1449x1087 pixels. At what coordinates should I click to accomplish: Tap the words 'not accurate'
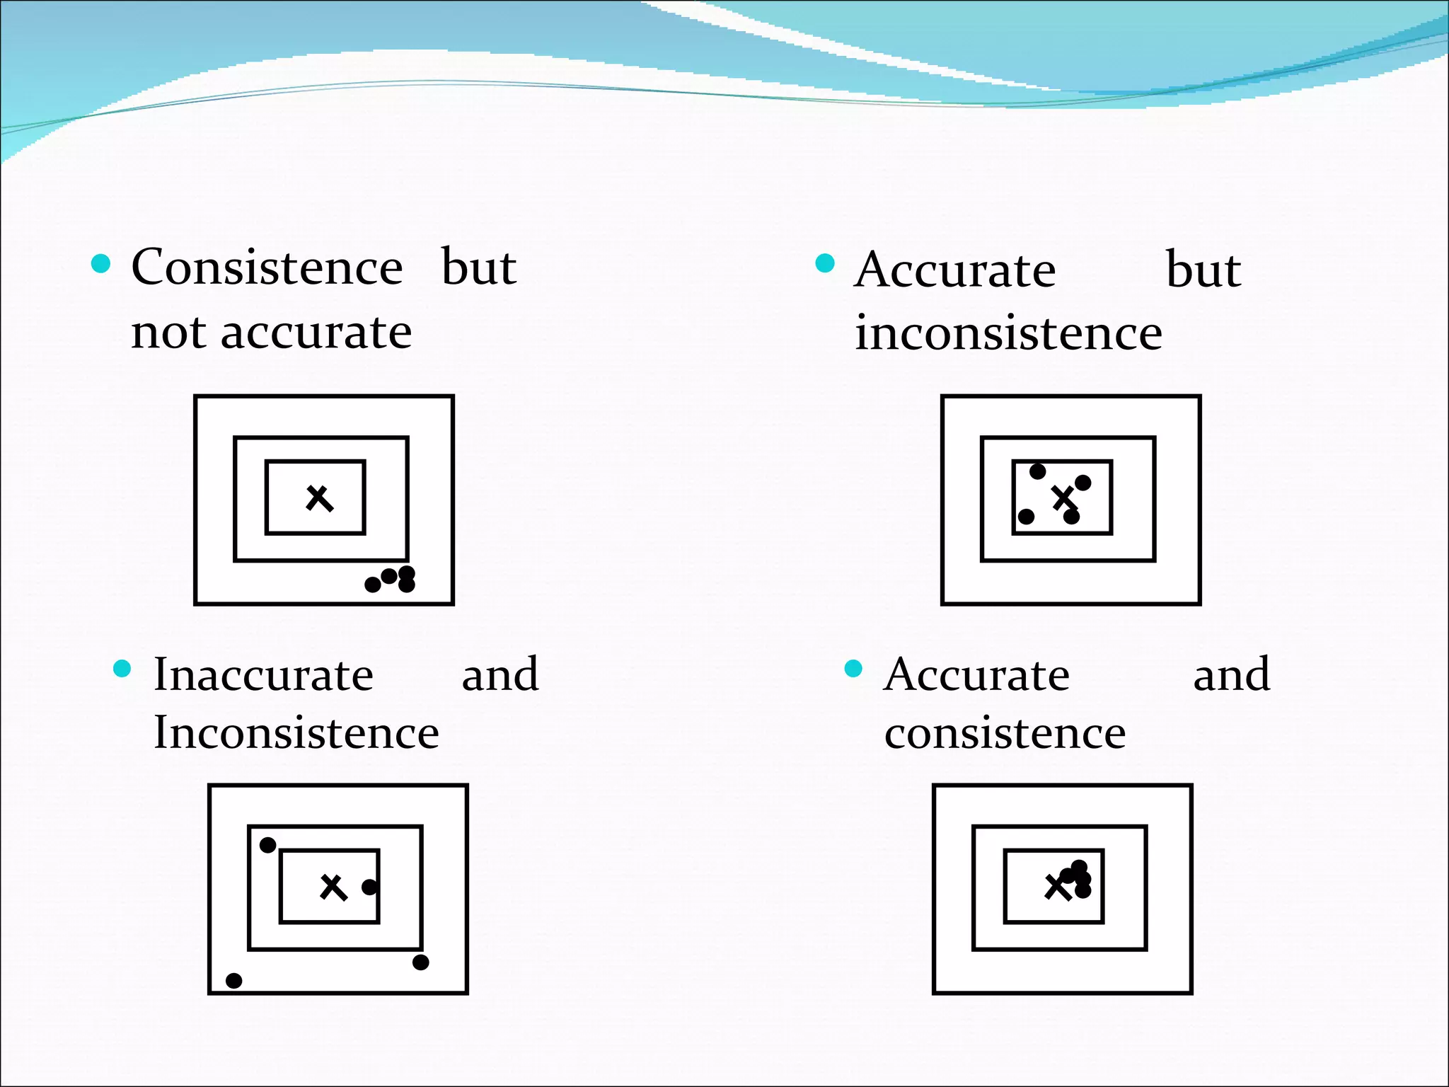pyautogui.click(x=271, y=332)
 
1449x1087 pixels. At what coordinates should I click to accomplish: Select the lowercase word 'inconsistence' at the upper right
pyautogui.click(x=1008, y=333)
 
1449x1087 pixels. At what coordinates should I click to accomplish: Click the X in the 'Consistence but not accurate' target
pyautogui.click(x=319, y=498)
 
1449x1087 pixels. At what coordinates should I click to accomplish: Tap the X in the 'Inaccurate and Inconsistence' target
pyautogui.click(x=333, y=887)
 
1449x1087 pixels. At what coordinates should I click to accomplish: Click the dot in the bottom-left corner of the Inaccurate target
pyautogui.click(x=233, y=980)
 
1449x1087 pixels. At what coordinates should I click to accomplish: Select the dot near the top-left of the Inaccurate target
pyautogui.click(x=267, y=845)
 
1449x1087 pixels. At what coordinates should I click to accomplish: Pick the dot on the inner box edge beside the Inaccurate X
pyautogui.click(x=369, y=887)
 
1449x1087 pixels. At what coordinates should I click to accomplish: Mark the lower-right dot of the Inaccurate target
pyautogui.click(x=420, y=962)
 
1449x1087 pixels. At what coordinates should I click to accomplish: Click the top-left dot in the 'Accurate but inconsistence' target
pyautogui.click(x=1037, y=471)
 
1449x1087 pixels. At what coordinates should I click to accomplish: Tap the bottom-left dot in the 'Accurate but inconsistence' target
pyautogui.click(x=1026, y=517)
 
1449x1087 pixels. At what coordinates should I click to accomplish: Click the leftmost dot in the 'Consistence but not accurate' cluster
pyautogui.click(x=372, y=585)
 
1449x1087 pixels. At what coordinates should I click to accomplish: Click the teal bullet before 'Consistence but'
pyautogui.click(x=101, y=264)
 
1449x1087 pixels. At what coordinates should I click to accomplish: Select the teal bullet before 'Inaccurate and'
pyautogui.click(x=122, y=669)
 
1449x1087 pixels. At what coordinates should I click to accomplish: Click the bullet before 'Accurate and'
pyautogui.click(x=853, y=669)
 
